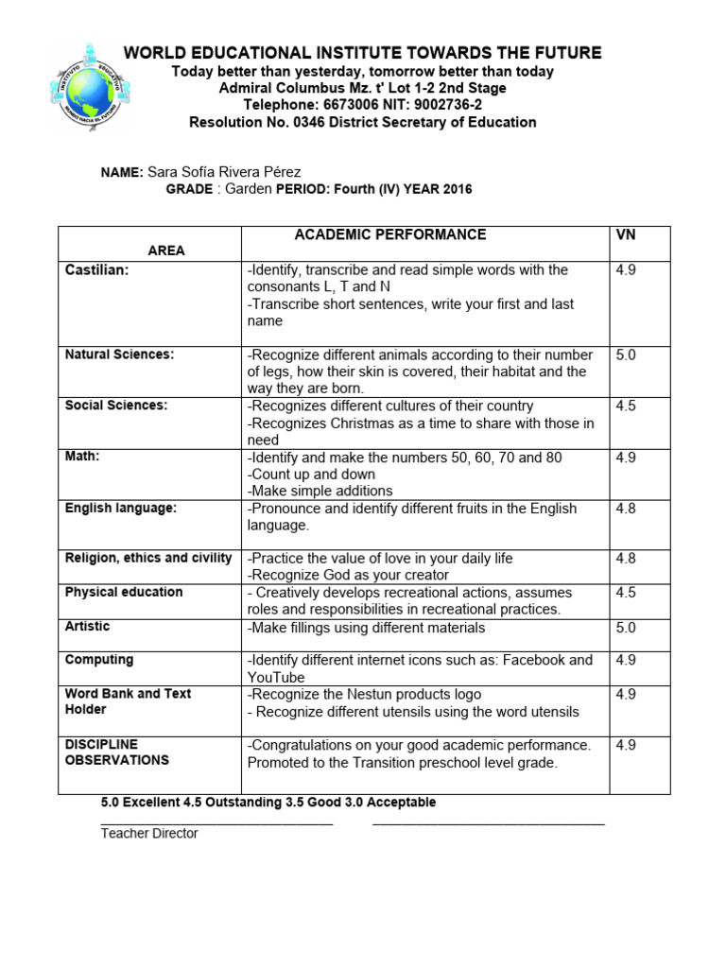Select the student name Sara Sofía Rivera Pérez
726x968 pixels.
pos(224,172)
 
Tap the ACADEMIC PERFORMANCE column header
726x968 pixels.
pos(390,234)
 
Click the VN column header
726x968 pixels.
pos(626,234)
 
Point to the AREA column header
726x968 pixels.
pos(166,251)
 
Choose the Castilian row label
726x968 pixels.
pos(96,270)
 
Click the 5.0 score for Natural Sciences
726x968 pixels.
pos(626,355)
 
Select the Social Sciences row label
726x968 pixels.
pos(115,406)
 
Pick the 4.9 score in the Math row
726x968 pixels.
pos(626,458)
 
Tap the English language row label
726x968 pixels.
pos(120,509)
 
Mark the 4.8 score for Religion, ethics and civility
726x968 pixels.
pos(626,559)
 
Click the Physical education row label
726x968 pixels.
pos(123,593)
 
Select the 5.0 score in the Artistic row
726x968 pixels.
pos(626,628)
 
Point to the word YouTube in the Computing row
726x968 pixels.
pos(276,677)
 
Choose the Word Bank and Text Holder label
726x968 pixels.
pos(128,701)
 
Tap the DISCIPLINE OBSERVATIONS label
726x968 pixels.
pos(116,752)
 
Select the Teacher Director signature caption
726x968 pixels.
pos(149,834)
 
